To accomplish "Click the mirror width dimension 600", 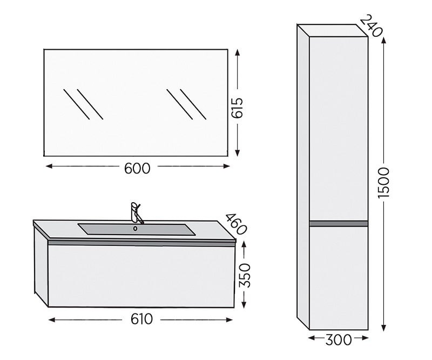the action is point(137,168).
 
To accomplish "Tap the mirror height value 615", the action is point(237,108).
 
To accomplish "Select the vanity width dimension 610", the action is point(141,319).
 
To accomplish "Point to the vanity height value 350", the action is point(245,276).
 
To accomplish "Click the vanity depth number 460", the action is point(236,224).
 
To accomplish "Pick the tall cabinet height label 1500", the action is point(383,183).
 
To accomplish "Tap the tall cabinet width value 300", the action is point(339,340).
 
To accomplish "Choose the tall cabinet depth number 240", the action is point(372,25).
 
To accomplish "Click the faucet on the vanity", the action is point(136,212).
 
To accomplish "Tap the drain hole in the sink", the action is point(135,229).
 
